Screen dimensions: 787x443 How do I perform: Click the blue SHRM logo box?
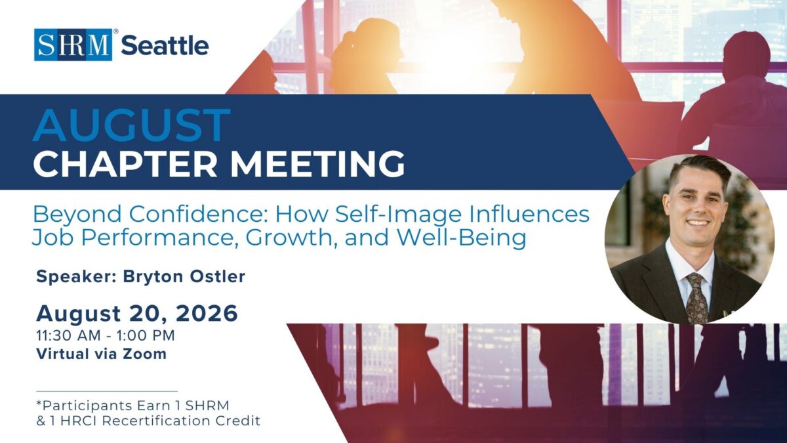(x=73, y=45)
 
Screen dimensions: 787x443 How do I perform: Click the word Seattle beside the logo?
(x=165, y=46)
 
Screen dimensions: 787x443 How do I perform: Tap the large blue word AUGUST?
(x=131, y=125)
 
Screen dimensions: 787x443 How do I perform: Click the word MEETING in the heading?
(x=317, y=165)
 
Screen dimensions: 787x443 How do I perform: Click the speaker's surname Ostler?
(x=218, y=276)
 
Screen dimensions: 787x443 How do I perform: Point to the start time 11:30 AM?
(x=68, y=335)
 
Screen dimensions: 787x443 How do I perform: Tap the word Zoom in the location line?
(x=144, y=354)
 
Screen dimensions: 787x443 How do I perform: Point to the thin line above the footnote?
(x=107, y=391)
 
